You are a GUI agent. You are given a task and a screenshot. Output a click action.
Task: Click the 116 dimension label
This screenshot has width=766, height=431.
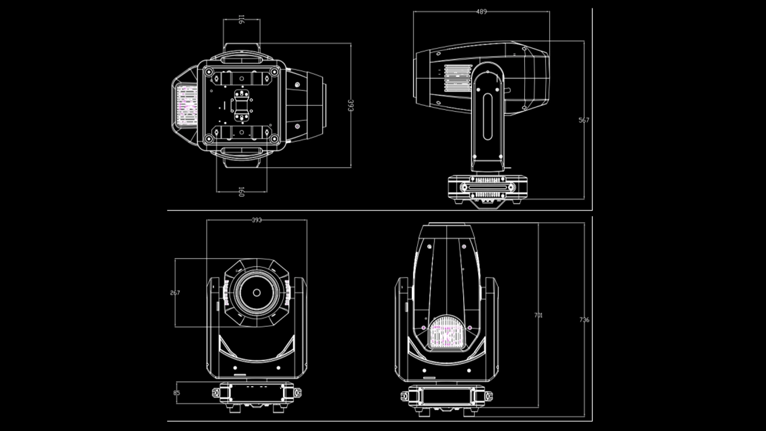click(x=241, y=20)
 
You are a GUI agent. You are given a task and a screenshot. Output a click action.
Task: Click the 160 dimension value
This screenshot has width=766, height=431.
click(x=241, y=192)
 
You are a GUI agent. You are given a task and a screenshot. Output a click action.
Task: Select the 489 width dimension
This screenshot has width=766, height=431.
click(x=481, y=11)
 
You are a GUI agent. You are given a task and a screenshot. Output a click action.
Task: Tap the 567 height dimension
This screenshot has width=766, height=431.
click(x=583, y=120)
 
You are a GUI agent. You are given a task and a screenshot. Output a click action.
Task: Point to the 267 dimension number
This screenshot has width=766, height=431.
click(x=175, y=293)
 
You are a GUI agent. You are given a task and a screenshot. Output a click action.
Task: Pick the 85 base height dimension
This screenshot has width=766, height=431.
click(x=177, y=393)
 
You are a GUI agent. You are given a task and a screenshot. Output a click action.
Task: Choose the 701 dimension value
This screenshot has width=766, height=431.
click(x=538, y=315)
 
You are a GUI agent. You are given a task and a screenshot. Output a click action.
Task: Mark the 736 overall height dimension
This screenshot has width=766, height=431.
click(x=584, y=320)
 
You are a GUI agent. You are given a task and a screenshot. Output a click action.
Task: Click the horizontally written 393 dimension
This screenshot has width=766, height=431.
click(x=256, y=220)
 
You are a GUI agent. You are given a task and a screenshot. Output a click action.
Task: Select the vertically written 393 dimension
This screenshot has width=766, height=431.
click(x=351, y=105)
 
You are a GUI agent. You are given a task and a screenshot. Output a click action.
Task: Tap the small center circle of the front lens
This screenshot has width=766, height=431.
click(x=256, y=293)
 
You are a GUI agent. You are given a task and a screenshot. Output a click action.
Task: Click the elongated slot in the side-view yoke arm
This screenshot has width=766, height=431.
click(x=488, y=116)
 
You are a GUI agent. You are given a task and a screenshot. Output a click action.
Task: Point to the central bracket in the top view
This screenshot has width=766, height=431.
click(x=242, y=105)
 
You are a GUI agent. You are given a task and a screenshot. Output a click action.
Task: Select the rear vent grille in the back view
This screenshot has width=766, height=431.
click(x=446, y=333)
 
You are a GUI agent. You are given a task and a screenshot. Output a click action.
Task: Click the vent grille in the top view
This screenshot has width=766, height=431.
click(x=186, y=105)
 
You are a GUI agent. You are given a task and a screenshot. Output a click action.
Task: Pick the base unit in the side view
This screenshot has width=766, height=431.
click(x=487, y=187)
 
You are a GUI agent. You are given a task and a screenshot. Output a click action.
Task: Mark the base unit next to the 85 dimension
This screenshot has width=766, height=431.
click(x=256, y=394)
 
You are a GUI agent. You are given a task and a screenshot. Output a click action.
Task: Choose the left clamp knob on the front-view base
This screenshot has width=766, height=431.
click(x=215, y=393)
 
